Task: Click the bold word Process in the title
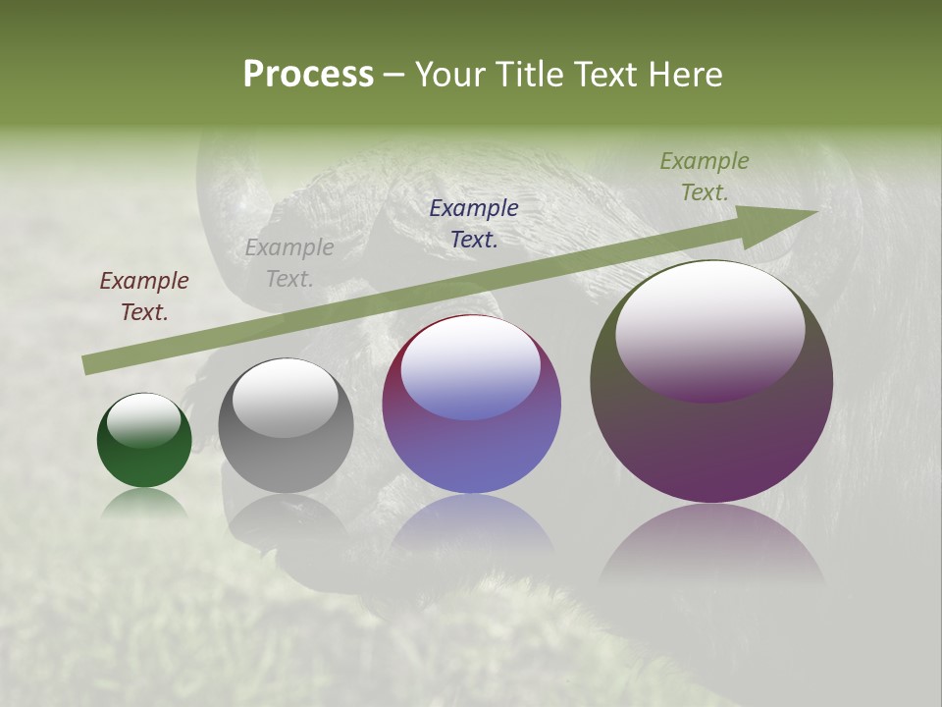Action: coord(308,75)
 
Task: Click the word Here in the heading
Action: coord(686,75)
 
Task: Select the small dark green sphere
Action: coord(144,442)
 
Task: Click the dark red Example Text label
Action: coord(144,297)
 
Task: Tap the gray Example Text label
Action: coord(289,263)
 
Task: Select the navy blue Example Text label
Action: coord(474,223)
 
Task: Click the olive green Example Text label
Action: coord(705,177)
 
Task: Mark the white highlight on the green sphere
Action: coord(144,419)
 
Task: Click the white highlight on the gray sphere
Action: coord(286,397)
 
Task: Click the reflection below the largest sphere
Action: coord(711,550)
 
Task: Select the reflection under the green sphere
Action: coord(144,503)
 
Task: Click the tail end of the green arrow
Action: coord(88,365)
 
